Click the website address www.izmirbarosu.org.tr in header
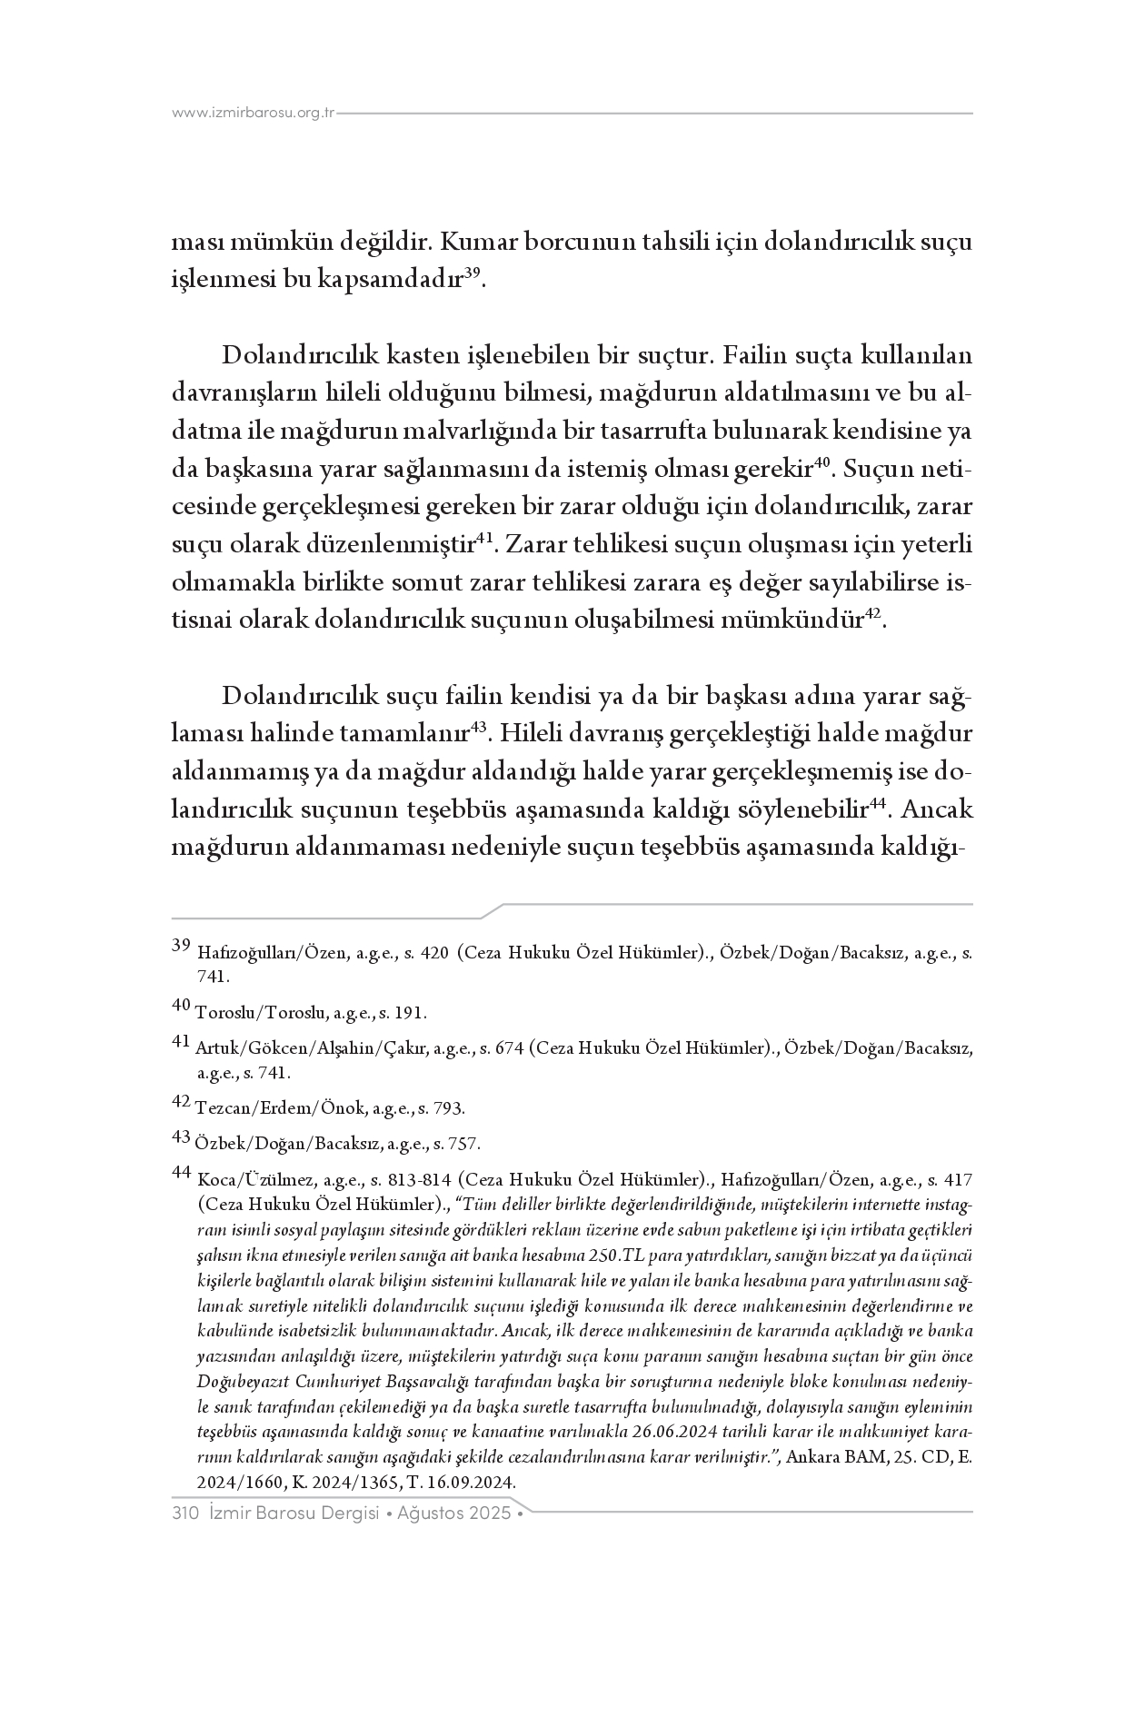[x=254, y=114]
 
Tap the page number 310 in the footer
[x=185, y=1514]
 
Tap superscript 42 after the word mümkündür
[x=872, y=614]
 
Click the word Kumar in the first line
[x=472, y=243]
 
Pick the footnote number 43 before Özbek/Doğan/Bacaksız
[x=182, y=1136]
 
